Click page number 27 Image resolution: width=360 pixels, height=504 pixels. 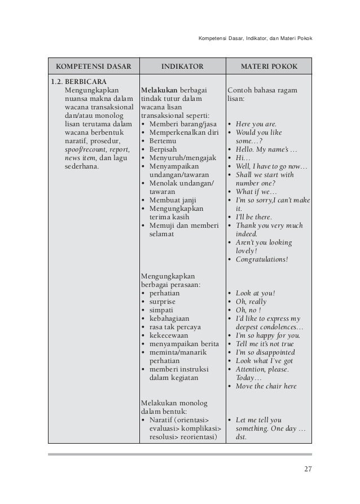307,469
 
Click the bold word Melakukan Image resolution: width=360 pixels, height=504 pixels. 160,90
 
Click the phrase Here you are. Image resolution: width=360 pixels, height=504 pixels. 256,124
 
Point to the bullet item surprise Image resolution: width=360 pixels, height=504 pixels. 162,302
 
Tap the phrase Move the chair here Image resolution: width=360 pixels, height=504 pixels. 266,386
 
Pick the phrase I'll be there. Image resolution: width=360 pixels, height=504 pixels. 253,217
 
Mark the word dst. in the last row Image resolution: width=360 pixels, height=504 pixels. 241,436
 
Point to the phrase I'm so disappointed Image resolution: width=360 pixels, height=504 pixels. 265,352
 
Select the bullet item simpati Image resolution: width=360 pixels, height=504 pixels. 161,310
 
